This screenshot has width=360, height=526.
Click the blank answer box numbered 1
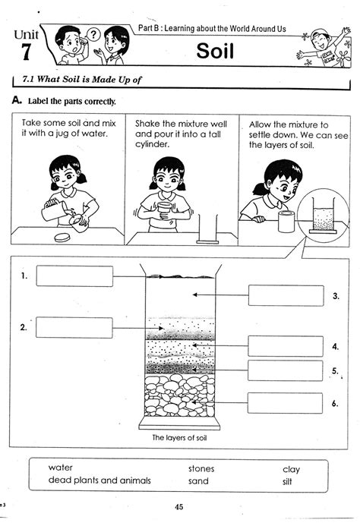[74, 276]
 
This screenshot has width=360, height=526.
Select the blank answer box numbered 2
[74, 328]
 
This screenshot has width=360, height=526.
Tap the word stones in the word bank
[201, 469]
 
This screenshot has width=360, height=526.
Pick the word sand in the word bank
[198, 481]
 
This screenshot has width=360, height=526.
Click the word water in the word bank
[61, 468]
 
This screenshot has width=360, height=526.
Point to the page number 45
[179, 508]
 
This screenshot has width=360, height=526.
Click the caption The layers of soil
[180, 438]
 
